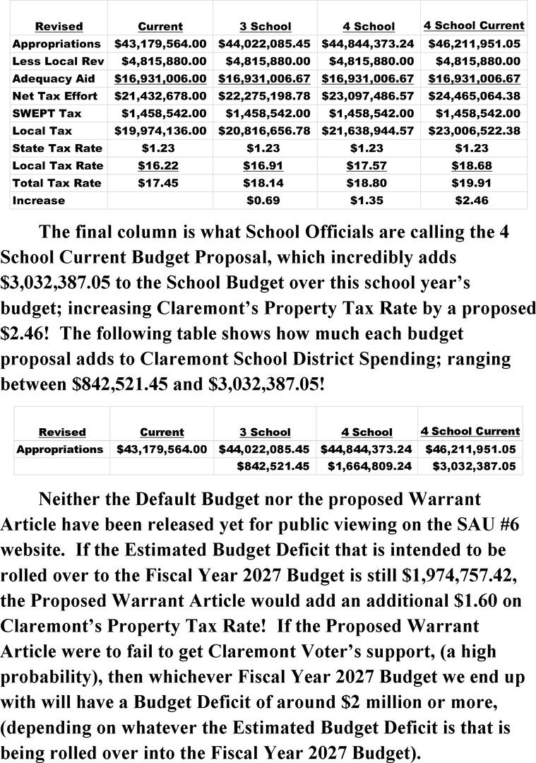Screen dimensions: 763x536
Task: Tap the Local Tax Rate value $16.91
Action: pos(265,165)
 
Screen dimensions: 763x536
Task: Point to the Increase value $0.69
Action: pos(265,201)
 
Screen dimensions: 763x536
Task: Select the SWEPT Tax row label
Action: pos(47,113)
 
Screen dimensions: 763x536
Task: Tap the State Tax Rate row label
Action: pos(57,148)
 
